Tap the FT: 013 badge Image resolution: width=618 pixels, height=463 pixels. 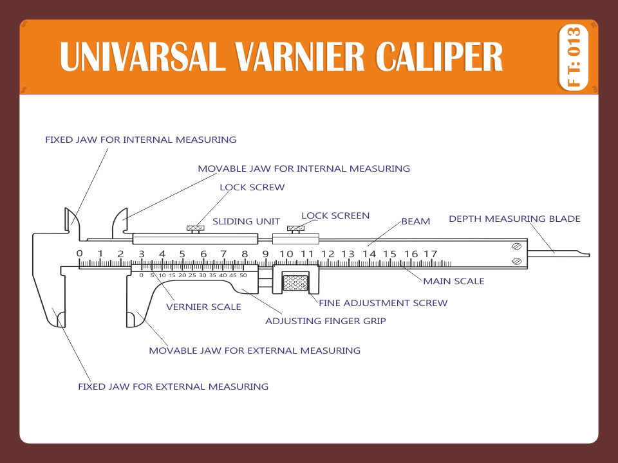coord(574,57)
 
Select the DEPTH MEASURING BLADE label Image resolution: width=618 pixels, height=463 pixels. coord(514,219)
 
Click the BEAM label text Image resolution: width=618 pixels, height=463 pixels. coord(415,221)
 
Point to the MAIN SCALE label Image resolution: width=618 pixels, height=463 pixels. coord(453,281)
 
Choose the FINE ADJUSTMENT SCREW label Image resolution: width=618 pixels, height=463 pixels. coord(383,303)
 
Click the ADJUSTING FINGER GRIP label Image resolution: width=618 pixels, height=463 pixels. coord(326,320)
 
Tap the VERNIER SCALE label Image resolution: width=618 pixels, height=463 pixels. coord(203,307)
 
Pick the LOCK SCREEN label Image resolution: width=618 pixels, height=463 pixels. coord(335,216)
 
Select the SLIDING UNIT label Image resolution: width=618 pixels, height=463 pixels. coord(246,221)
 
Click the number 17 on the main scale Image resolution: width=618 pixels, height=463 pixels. coord(430,254)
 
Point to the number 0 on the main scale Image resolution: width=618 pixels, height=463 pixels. coord(79,253)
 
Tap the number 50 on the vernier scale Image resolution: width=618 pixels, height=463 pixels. coord(243,275)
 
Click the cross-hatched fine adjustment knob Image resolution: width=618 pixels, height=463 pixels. coord(295,282)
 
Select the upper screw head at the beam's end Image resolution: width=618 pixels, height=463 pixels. coord(517,247)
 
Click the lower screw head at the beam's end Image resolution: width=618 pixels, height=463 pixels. coord(517,261)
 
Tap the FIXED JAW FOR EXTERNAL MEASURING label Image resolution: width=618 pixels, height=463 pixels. coord(173,386)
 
